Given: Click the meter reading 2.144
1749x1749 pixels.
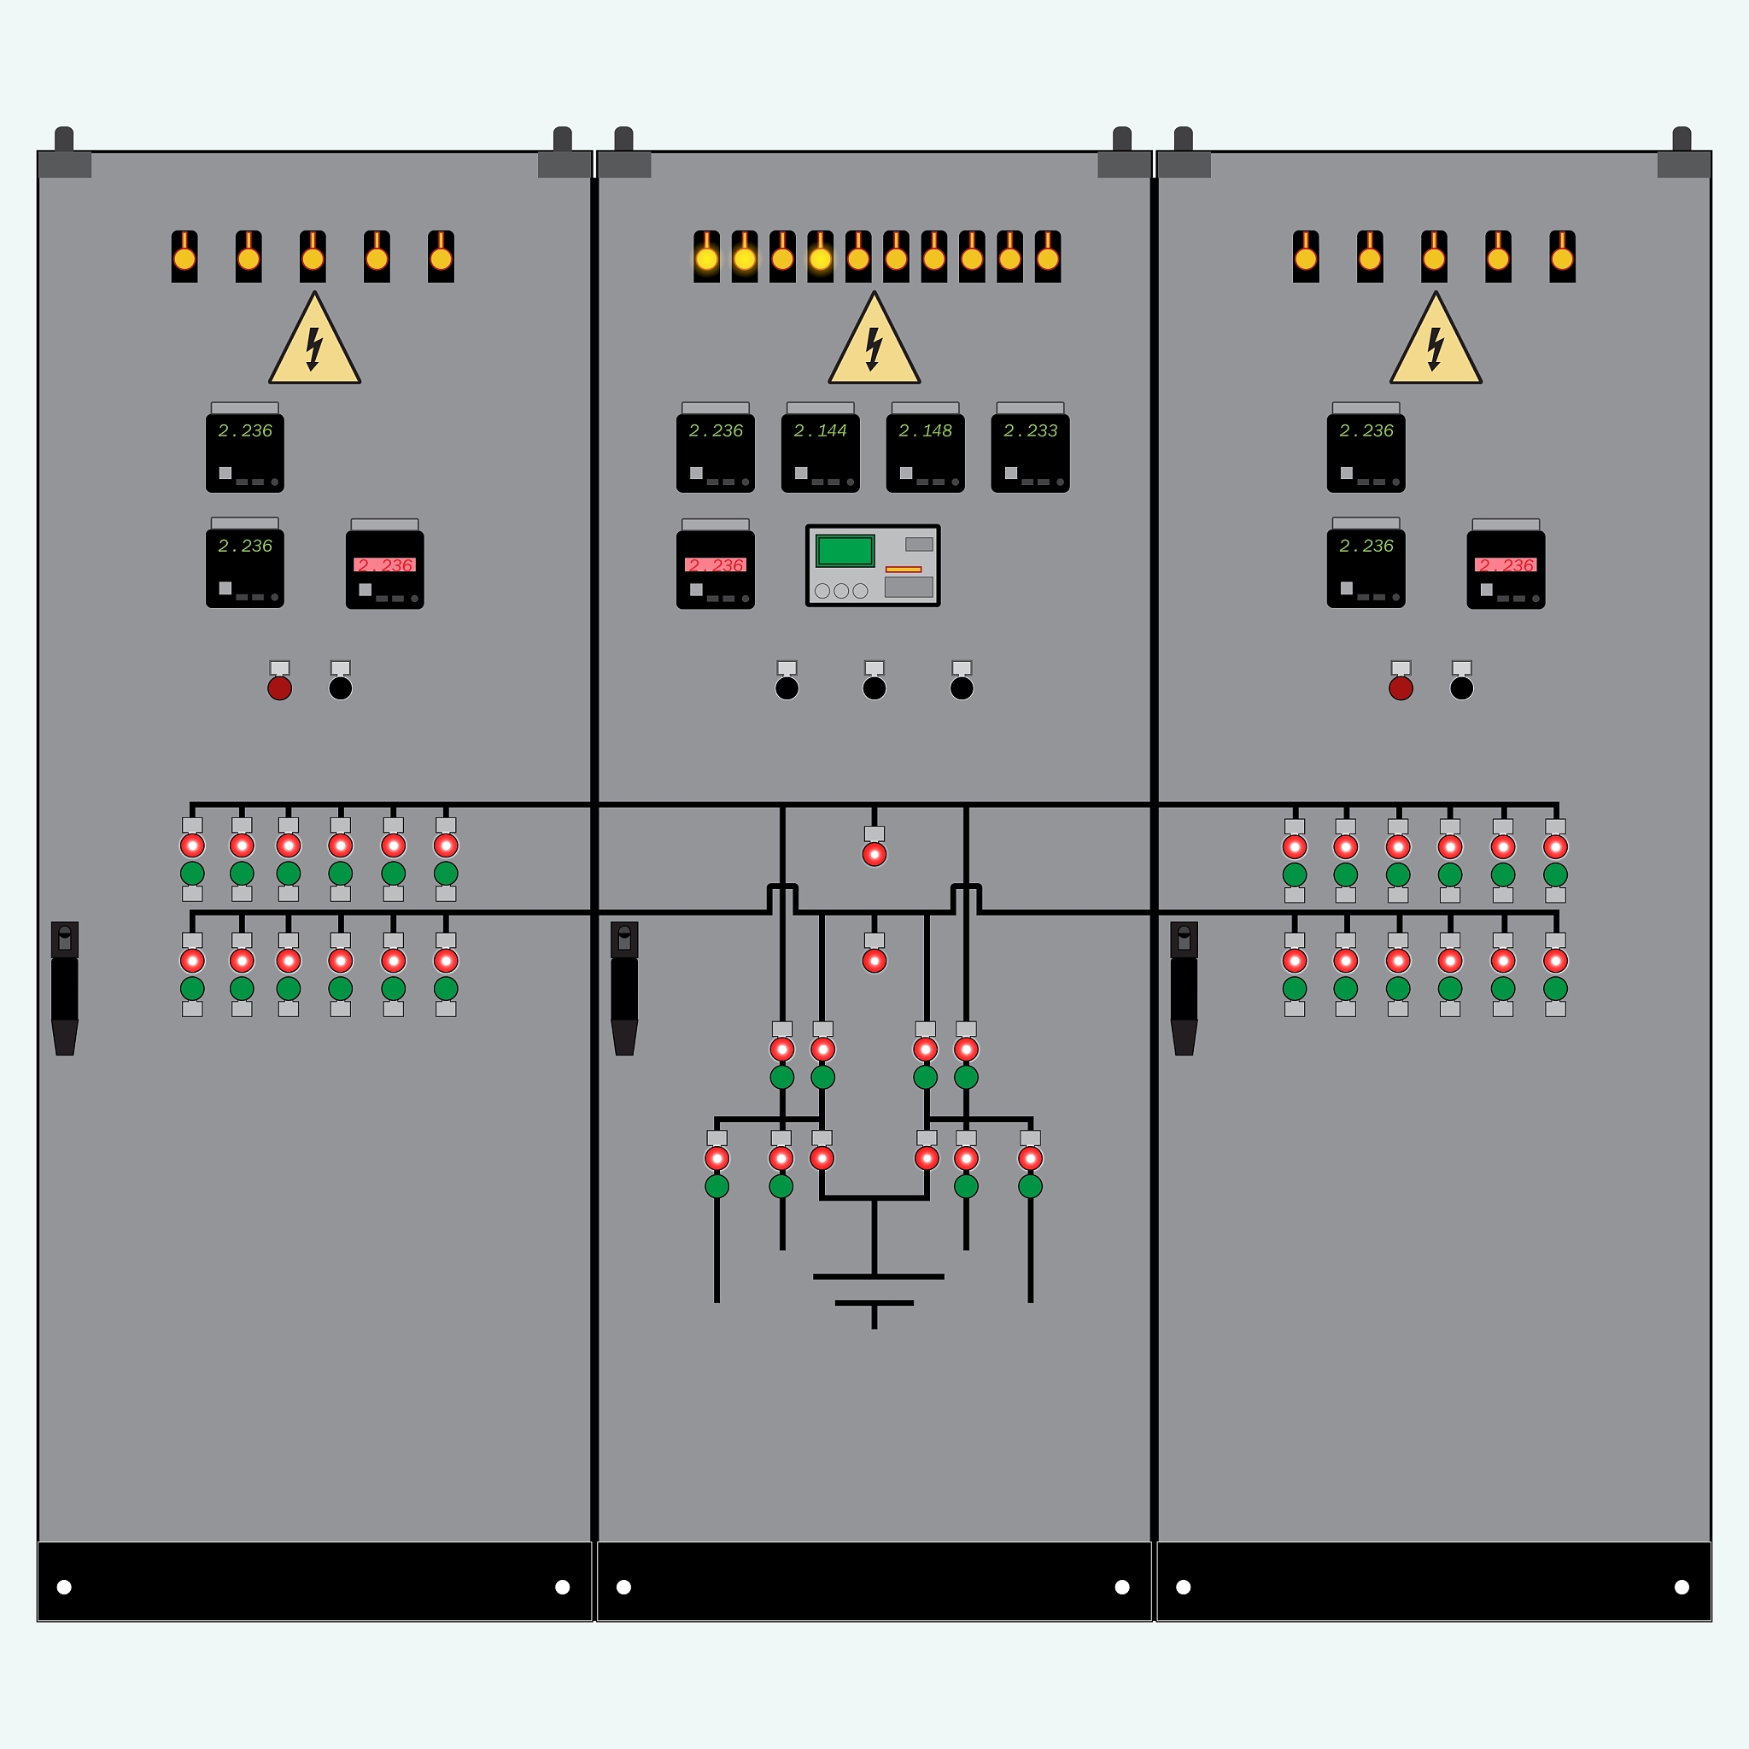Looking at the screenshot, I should (820, 452).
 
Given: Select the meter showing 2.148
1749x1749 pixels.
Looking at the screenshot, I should (925, 452).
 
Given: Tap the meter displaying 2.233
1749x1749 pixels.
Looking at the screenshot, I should (1030, 452).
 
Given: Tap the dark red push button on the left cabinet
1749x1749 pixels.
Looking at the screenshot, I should (280, 688).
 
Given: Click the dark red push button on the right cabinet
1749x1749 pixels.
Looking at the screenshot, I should (1401, 688).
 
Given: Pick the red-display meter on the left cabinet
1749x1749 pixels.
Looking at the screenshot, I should (385, 569).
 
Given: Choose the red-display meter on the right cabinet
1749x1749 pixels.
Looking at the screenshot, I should (1506, 569).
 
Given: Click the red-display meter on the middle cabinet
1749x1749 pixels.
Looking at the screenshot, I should (715, 569).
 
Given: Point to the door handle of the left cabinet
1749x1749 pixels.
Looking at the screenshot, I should (64, 989).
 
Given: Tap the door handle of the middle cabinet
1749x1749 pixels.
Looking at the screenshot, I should (623, 989).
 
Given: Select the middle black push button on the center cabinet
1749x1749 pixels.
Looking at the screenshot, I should (874, 688).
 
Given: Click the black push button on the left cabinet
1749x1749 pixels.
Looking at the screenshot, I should (341, 688).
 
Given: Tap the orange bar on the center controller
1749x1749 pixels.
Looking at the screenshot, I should (903, 570).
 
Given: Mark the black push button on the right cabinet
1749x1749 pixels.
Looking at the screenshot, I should (1461, 688).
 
